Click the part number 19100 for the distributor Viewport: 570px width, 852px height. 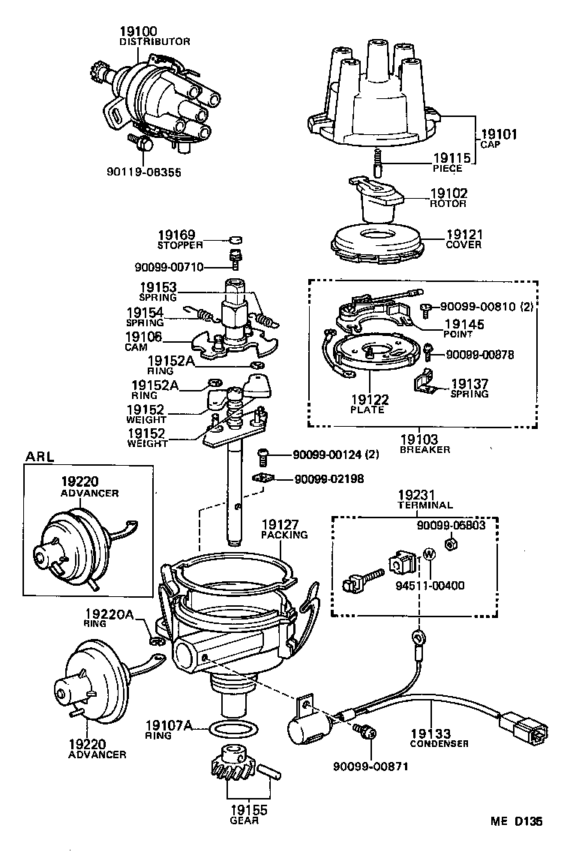(138, 31)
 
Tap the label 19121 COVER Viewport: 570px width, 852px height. (463, 238)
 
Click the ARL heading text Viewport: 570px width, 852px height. (40, 456)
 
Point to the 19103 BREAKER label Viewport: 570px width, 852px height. (424, 444)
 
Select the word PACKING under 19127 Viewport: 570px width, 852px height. (283, 535)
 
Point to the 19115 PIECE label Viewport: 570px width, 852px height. (452, 162)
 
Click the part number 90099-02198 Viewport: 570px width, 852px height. (328, 478)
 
